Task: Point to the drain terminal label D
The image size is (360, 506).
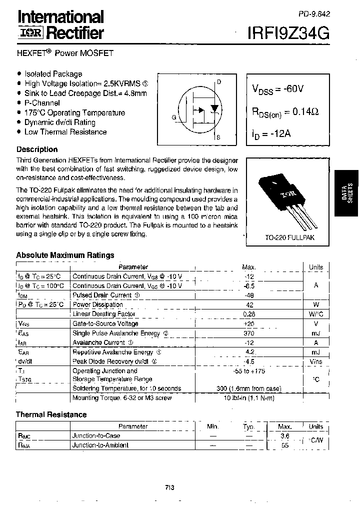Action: click(219, 82)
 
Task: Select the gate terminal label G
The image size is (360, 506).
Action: click(173, 117)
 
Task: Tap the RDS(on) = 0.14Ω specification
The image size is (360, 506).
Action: click(284, 112)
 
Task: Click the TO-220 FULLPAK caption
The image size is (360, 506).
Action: click(289, 238)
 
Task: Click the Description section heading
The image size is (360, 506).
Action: click(37, 149)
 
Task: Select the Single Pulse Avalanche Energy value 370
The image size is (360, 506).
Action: click(248, 333)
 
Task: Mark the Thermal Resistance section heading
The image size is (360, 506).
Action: click(51, 414)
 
